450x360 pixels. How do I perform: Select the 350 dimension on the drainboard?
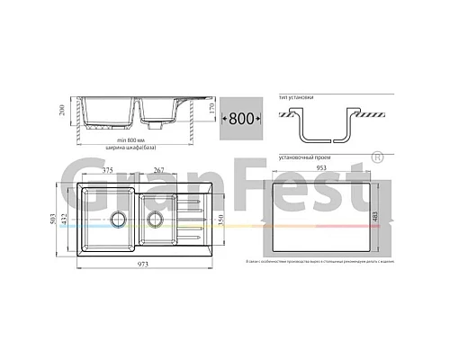213,220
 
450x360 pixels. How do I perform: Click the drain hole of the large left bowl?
116,219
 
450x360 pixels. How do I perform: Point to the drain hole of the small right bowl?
154,218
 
